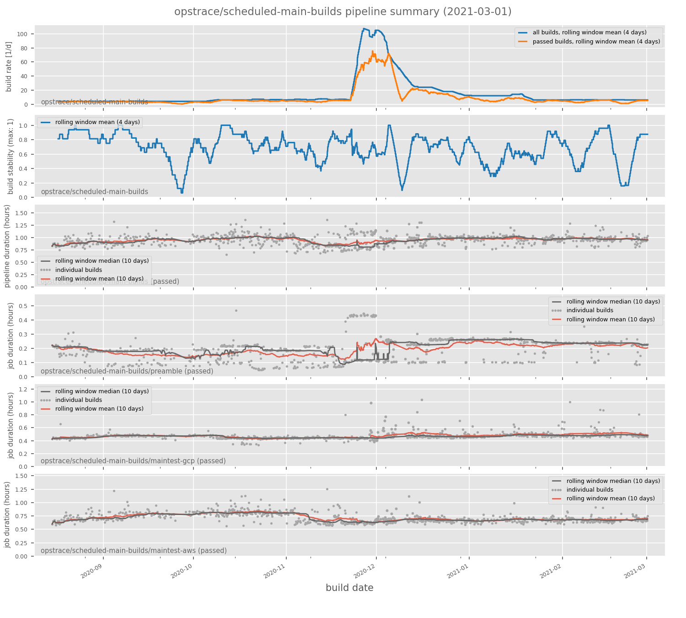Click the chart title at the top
point(343,12)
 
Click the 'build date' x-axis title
point(349,588)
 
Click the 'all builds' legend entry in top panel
point(590,33)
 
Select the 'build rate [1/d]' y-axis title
point(9,66)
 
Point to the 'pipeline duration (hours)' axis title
point(7,246)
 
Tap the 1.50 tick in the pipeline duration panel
point(22,213)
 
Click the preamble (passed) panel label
point(127,371)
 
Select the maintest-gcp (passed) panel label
point(133,461)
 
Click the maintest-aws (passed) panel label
point(134,551)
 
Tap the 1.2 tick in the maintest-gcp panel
point(24,389)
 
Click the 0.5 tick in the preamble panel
point(24,306)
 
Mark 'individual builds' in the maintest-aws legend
point(590,490)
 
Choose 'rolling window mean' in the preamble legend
point(610,320)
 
